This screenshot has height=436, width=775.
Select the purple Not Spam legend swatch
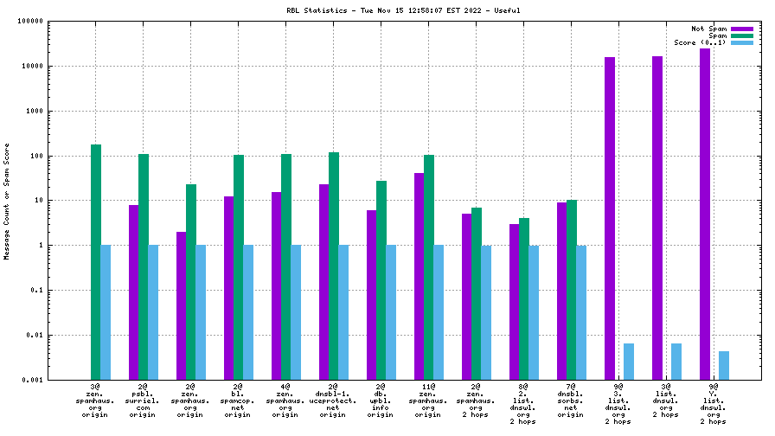click(x=742, y=29)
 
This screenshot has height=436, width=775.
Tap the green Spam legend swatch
click(x=742, y=35)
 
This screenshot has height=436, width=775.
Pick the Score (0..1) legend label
click(x=701, y=42)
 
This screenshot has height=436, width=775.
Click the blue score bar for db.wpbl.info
click(x=391, y=311)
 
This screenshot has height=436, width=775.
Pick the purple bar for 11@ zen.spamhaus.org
click(x=419, y=276)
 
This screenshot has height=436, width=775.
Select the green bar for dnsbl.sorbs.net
click(x=572, y=289)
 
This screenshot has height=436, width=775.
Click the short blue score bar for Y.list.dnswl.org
click(x=724, y=365)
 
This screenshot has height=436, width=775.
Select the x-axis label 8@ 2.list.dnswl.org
click(x=524, y=403)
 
